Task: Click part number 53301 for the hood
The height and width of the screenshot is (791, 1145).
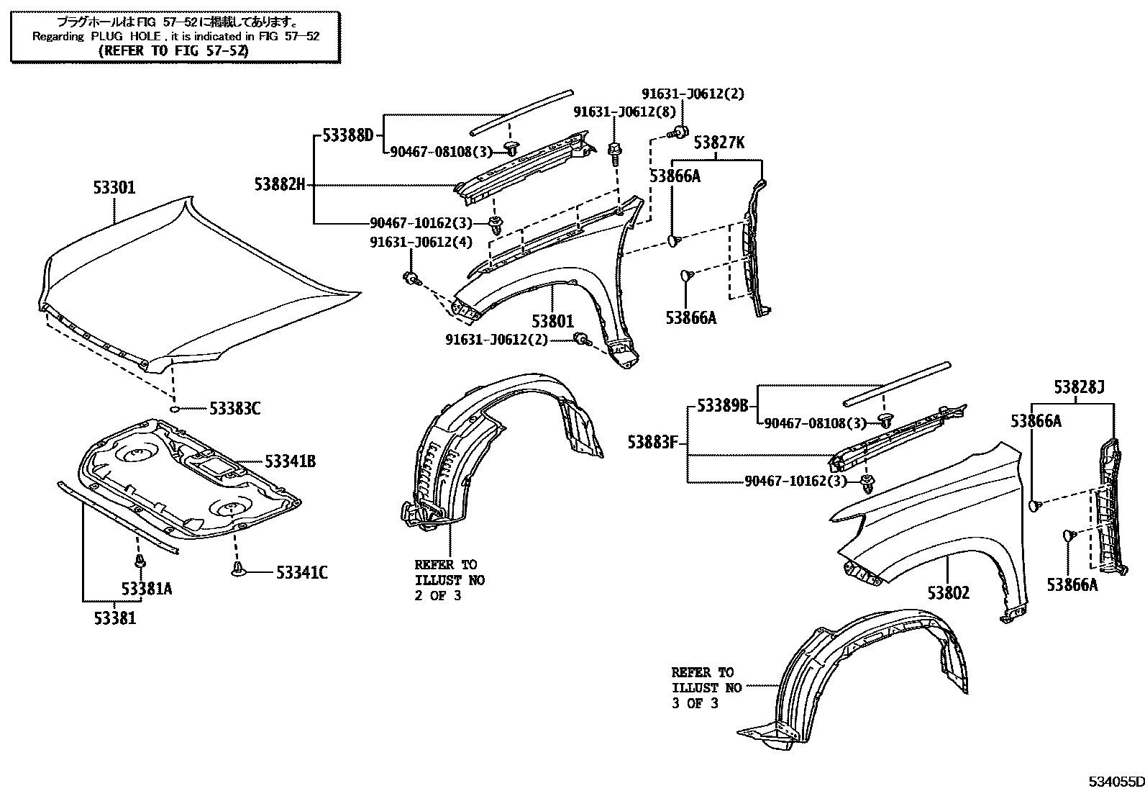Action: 114,189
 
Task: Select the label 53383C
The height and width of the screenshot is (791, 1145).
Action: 234,409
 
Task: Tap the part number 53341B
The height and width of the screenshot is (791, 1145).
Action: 290,461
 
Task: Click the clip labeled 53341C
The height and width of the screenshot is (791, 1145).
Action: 237,571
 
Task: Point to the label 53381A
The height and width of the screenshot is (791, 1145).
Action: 147,589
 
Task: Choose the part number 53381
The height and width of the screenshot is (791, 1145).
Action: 114,618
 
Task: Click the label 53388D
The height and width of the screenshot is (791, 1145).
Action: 348,135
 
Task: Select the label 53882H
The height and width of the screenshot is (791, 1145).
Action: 279,184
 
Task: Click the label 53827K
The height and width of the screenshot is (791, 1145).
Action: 719,143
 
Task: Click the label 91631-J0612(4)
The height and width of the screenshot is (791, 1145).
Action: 421,242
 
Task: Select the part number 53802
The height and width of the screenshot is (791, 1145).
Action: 948,593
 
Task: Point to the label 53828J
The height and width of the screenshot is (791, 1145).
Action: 1079,387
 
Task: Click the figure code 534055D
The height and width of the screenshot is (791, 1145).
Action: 1114,782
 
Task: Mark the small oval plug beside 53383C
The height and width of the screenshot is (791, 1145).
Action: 174,409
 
